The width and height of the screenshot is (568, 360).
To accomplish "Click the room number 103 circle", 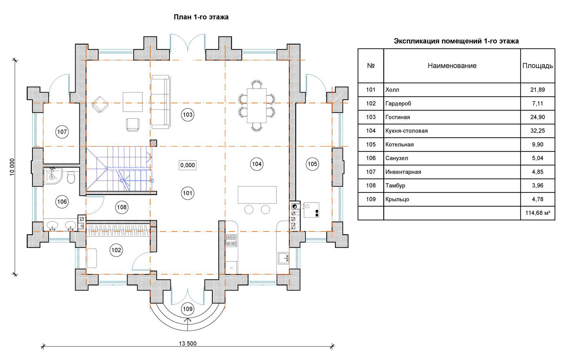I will [x=188, y=115].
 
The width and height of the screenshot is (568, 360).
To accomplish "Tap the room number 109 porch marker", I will [x=188, y=309].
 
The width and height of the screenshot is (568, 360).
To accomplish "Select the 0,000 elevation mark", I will [x=188, y=165].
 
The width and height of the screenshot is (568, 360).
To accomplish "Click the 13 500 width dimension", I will [x=188, y=343].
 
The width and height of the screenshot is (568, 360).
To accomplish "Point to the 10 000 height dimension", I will [x=12, y=167].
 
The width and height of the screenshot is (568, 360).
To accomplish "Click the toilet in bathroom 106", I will [x=71, y=178].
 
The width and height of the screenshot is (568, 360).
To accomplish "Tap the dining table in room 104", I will [x=256, y=105].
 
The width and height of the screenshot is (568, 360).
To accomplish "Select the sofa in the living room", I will [x=161, y=102].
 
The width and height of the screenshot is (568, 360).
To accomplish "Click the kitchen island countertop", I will [x=257, y=195].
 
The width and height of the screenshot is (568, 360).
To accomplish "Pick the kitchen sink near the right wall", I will [x=283, y=258].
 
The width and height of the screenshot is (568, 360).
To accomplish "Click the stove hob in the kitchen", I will [x=231, y=240].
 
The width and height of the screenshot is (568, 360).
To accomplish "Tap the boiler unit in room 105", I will [x=311, y=210].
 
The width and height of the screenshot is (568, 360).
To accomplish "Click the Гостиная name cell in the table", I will [x=398, y=117].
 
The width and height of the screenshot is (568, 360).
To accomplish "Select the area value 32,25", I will [x=537, y=131].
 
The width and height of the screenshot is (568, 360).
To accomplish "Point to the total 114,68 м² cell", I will [x=537, y=213].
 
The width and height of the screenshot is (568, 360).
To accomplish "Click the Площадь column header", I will [x=537, y=66].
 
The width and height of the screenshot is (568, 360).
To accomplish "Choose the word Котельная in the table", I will [x=399, y=145].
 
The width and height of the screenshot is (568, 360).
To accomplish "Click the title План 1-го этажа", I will [x=201, y=17].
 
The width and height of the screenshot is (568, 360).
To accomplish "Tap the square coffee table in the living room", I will [x=133, y=102].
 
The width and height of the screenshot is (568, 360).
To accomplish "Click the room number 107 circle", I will [x=62, y=132].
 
